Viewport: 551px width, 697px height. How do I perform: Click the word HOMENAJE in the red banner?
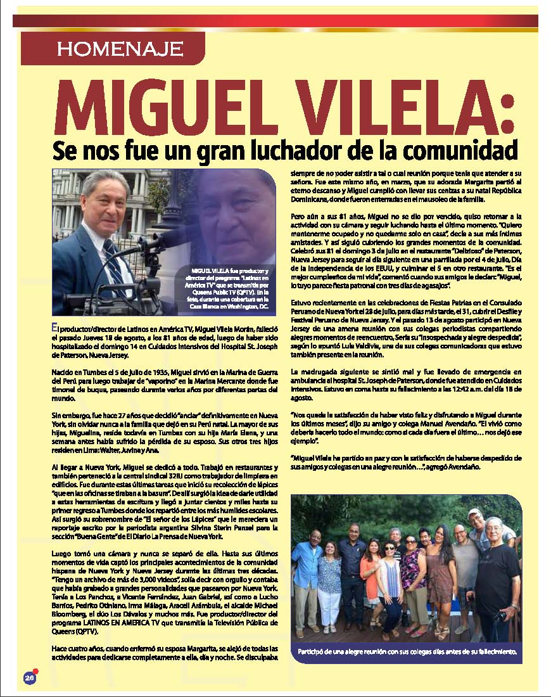(119, 48)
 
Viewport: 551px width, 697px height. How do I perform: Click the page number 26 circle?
(29, 677)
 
